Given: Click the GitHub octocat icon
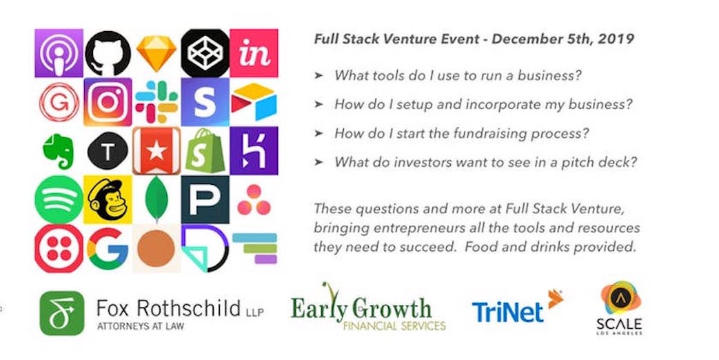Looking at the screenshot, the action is pos(108,53).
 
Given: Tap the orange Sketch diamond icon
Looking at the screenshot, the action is pos(156,53).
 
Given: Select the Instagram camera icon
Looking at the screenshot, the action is pos(108,102).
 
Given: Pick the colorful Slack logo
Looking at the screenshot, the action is pos(156,102).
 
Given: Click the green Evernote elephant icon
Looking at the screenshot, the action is pos(58,151).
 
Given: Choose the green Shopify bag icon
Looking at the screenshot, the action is pos(205,151).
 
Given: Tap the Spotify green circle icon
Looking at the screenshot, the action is pos(59,199).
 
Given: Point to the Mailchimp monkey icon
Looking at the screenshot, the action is pos(108,199).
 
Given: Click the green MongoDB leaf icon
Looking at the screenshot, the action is pos(156,199).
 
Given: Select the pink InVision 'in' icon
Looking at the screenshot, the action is pos(254,53).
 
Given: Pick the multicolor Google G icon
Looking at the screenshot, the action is pos(108,248).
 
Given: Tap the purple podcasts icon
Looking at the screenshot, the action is pos(59,53).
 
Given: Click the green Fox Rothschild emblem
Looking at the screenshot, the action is pos(62,313).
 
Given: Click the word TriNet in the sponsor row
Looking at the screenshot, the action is pos(507,312).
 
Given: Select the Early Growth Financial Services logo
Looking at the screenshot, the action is pos(368,307).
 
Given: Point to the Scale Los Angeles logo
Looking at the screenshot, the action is pos(620,308).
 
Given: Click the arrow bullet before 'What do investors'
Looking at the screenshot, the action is pos(318,162).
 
